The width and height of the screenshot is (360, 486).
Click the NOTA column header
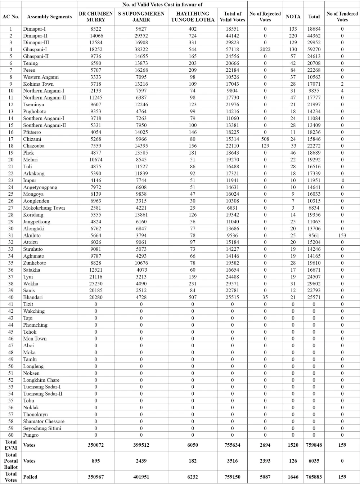[x=293, y=17]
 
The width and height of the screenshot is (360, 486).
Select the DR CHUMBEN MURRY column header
[x=96, y=17]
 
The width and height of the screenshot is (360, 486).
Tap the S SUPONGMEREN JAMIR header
[x=141, y=17]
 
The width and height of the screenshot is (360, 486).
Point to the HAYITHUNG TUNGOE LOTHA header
[x=193, y=17]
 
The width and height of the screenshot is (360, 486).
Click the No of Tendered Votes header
[x=342, y=17]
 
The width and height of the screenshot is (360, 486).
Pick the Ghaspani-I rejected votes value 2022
[x=265, y=49]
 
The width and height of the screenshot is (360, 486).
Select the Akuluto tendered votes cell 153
[x=342, y=235]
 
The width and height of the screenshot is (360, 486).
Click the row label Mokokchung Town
[x=44, y=208]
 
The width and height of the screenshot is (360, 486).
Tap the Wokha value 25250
[x=96, y=284]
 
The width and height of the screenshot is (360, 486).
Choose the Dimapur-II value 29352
[x=141, y=36]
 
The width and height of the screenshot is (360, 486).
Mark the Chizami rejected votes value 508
[x=265, y=139]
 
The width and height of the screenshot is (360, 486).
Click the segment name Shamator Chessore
[x=44, y=421]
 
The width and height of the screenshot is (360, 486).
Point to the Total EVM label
[x=11, y=445]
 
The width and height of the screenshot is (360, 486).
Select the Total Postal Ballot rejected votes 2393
[x=265, y=461]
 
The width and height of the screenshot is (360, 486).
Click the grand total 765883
[x=314, y=477]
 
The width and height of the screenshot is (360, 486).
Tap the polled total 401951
[x=141, y=477]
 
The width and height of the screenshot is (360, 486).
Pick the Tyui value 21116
[x=96, y=277]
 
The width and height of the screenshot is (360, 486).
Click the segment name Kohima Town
[x=38, y=84]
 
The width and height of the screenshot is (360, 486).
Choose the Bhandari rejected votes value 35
[x=265, y=297]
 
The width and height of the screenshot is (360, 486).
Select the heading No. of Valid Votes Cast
[x=162, y=4]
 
